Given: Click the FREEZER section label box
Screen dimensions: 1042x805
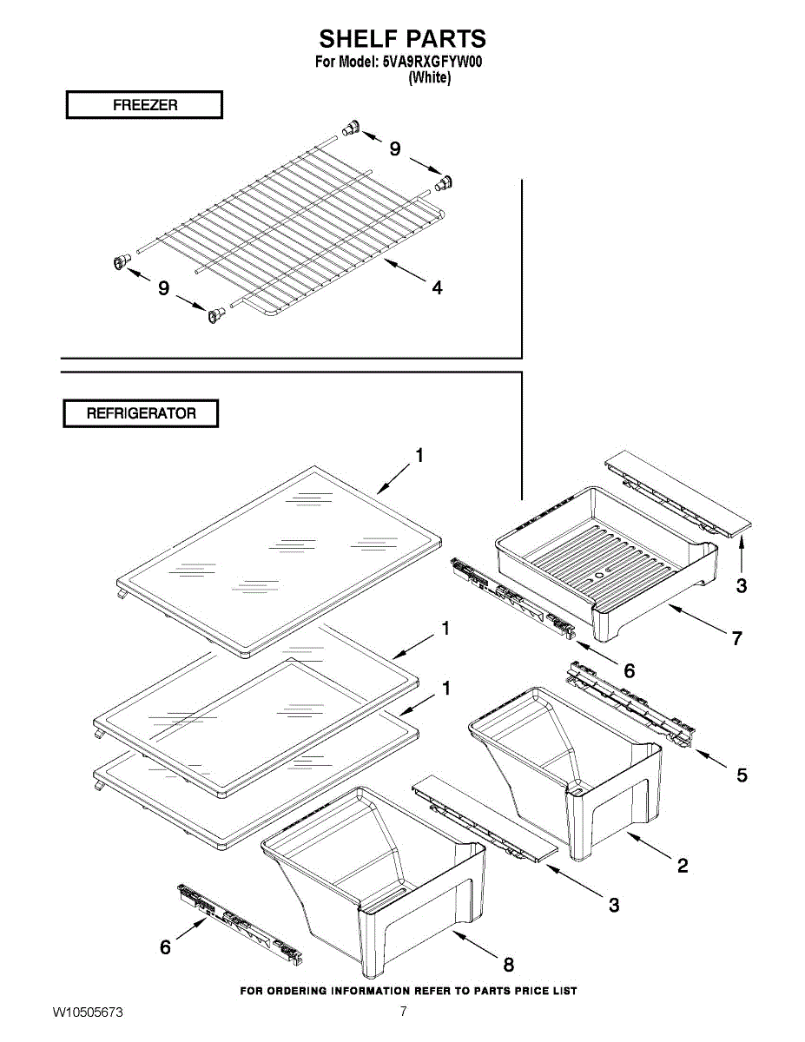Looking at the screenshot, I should coord(144,105).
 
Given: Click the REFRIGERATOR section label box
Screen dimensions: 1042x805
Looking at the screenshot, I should coord(141,413).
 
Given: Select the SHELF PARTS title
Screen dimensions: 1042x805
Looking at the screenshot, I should coord(402,39).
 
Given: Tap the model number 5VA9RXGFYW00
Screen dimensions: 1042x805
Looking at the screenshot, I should coord(432,63).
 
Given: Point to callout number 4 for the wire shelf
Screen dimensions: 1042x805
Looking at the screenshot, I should coord(437,287).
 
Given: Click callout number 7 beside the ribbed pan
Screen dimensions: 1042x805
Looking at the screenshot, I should coord(736,638).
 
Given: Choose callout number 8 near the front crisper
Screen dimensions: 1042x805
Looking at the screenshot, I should coord(509,964).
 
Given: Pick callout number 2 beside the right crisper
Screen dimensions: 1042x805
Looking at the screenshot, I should coord(683,865).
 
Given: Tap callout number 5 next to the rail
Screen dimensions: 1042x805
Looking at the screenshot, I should coord(742,775).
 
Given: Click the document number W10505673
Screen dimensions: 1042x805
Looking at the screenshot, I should coord(88,1012).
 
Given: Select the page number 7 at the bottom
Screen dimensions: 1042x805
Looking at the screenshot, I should coord(403,1012).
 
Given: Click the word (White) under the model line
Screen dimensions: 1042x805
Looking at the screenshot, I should coord(429,77).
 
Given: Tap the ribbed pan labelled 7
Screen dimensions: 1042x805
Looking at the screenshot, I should coord(608,556).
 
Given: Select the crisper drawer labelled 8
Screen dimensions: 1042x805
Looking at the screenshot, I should coord(382,877).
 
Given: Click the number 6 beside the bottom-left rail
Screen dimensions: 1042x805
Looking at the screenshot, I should coord(165,948).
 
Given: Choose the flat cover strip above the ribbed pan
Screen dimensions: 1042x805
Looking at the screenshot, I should coord(677,491).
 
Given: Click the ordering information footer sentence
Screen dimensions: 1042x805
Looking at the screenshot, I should coord(408,991).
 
